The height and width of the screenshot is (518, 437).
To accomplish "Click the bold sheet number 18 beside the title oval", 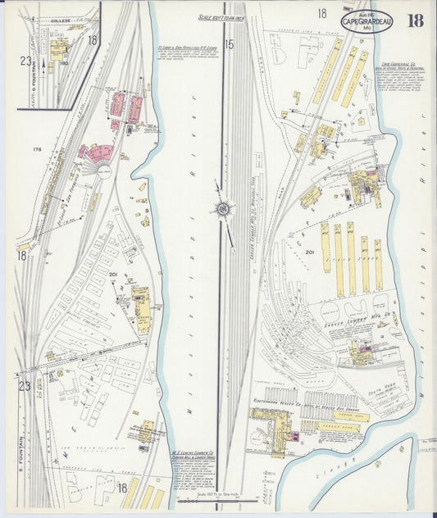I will [415, 20].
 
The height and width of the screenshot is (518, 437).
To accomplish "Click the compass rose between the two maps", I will [223, 209].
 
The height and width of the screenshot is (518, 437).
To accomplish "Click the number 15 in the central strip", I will [230, 44].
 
